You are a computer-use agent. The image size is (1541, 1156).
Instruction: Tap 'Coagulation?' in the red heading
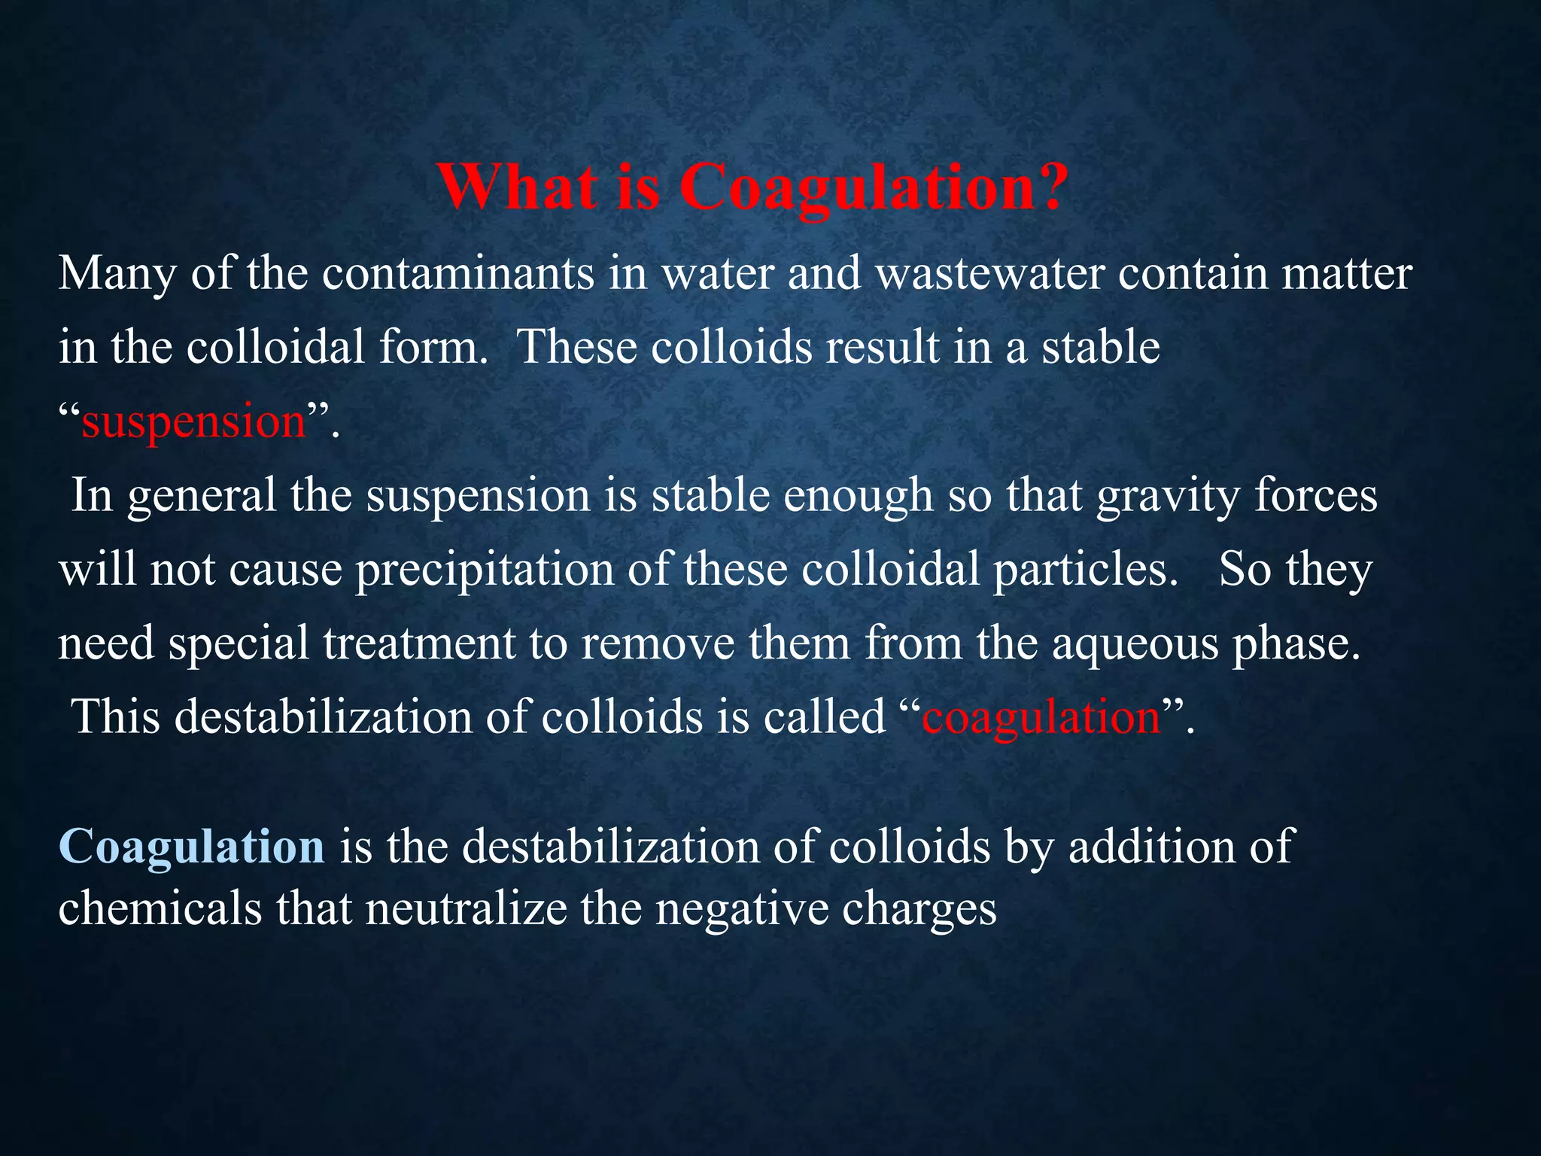873,188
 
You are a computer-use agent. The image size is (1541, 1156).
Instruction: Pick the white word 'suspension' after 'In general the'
479,496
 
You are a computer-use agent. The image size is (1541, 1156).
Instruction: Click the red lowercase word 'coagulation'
1041,717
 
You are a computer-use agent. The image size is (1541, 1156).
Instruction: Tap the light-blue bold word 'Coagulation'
191,847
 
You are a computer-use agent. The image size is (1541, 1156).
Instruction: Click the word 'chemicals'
160,908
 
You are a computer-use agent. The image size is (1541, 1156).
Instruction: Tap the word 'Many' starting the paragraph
117,274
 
